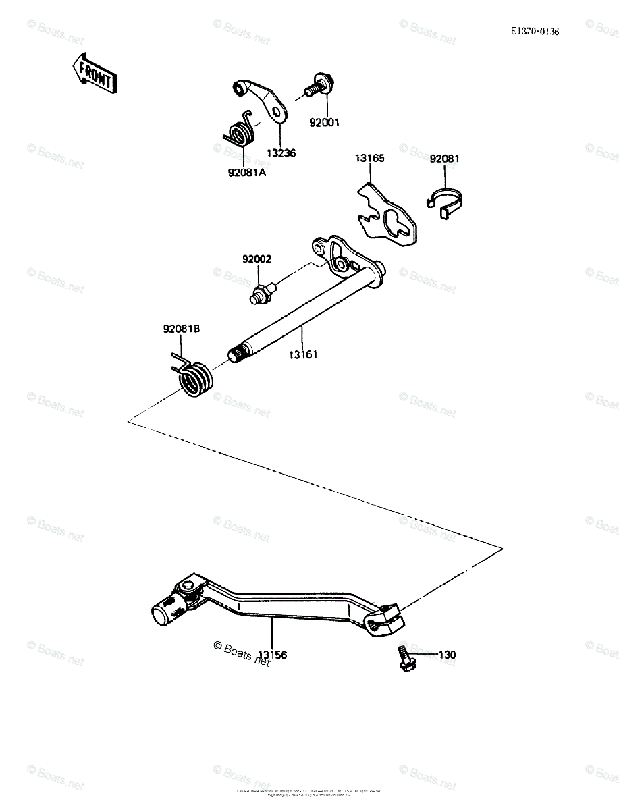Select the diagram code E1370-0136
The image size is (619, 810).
pyautogui.click(x=535, y=32)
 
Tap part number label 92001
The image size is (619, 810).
pyautogui.click(x=325, y=123)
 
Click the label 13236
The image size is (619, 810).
pyautogui.click(x=281, y=153)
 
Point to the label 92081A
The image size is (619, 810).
pyautogui.click(x=247, y=173)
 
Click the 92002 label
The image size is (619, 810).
pyautogui.click(x=257, y=259)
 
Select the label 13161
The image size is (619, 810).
pyautogui.click(x=303, y=354)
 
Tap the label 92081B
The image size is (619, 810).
pyautogui.click(x=181, y=329)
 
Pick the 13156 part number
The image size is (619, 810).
pyautogui.click(x=273, y=655)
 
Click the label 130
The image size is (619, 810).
pyautogui.click(x=448, y=655)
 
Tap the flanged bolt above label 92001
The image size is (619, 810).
pyautogui.click(x=319, y=86)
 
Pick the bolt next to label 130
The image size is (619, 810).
pyautogui.click(x=404, y=659)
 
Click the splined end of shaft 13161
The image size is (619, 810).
pyautogui.click(x=236, y=353)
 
